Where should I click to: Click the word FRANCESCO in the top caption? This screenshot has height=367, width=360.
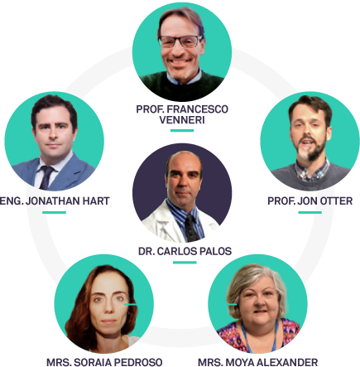pyautogui.click(x=198, y=109)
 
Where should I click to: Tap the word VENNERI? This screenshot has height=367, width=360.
pyautogui.click(x=182, y=120)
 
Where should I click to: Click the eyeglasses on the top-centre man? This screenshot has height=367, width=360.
pyautogui.click(x=180, y=41)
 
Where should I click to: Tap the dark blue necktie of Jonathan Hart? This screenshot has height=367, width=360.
pyautogui.click(x=46, y=177)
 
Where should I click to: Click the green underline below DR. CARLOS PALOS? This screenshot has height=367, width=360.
pyautogui.click(x=185, y=263)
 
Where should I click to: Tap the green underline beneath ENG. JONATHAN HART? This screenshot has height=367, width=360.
pyautogui.click(x=54, y=212)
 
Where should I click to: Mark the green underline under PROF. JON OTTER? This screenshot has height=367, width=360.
pyautogui.click(x=310, y=212)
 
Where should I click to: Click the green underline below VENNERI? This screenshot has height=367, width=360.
pyautogui.click(x=182, y=131)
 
